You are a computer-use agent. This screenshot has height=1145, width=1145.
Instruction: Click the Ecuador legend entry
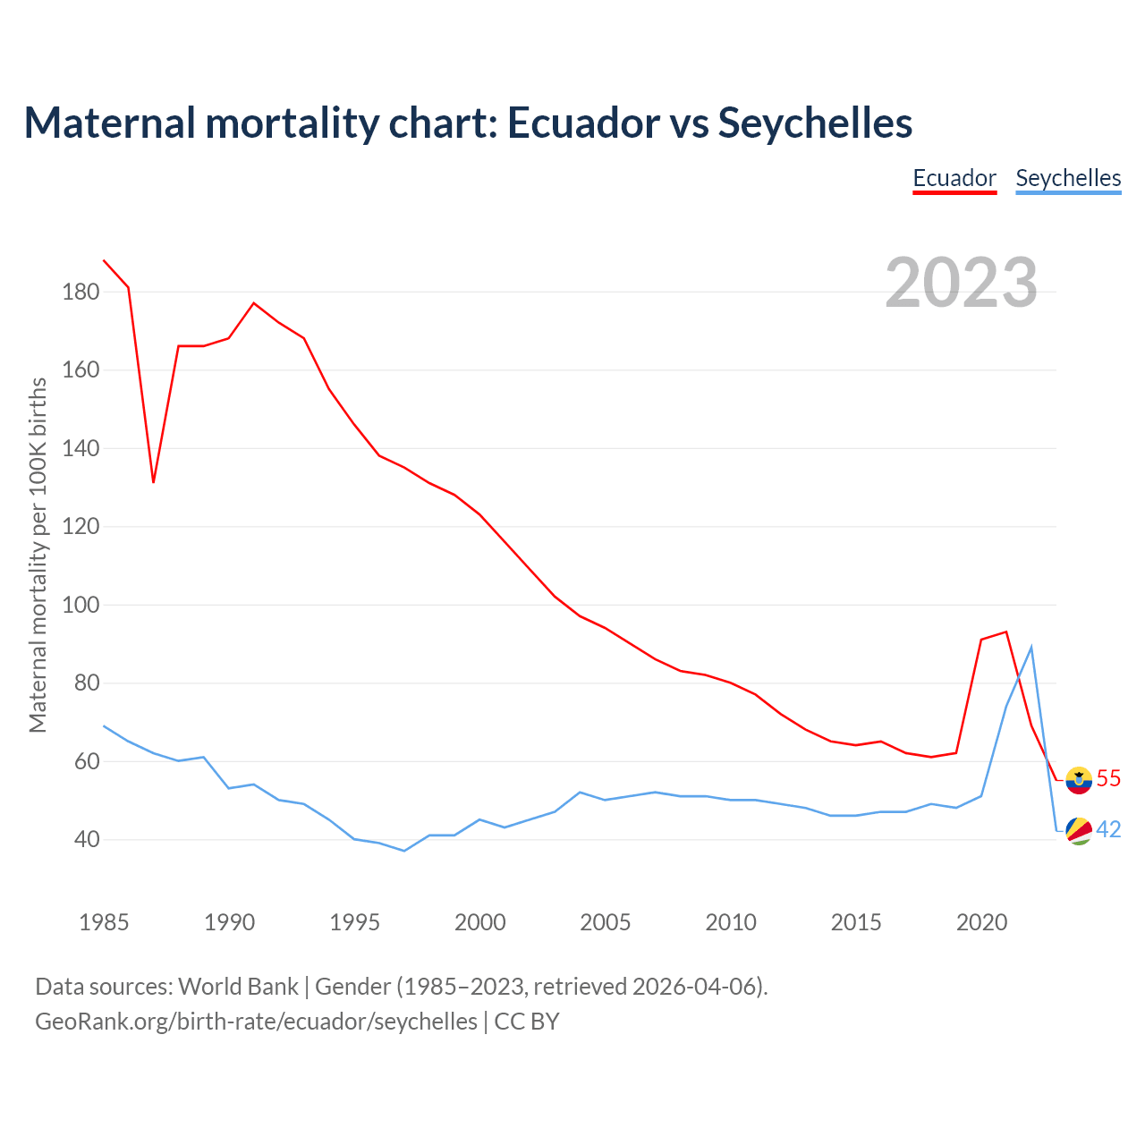coord(954,178)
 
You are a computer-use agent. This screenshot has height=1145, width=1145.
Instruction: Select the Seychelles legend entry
coord(1068,178)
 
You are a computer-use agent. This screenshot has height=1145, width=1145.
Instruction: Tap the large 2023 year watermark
coord(962,282)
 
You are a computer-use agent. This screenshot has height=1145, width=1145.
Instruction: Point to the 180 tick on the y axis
coord(81,292)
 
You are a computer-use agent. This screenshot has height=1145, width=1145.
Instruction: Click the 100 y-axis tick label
coord(81,605)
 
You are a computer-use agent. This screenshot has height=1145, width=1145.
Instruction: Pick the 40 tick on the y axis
coord(81,840)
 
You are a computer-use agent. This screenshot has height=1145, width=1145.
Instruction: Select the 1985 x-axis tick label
coord(104,922)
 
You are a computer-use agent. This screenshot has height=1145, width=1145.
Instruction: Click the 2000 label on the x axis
coord(479,922)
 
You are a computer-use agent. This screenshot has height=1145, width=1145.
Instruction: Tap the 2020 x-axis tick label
coord(981,922)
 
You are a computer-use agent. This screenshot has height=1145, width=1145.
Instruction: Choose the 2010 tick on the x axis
coord(731,922)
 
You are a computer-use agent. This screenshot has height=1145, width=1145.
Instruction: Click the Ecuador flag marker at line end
coord(1080,780)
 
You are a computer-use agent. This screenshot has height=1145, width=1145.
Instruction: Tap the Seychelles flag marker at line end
coord(1080,831)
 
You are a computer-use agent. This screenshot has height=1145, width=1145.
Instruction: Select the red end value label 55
coord(1108,779)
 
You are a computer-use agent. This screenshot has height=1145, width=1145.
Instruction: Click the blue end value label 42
coord(1108,830)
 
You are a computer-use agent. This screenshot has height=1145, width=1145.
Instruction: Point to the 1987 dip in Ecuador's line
coord(154,482)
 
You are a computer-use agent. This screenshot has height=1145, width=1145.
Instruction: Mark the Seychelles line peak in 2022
coord(1031,647)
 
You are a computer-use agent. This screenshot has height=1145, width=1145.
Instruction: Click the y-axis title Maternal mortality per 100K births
coord(38,555)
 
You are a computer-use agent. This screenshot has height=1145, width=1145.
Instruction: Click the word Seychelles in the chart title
coord(815,123)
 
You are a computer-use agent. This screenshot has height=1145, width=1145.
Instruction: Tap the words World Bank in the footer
coord(238,987)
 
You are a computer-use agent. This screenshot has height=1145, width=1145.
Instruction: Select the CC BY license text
coord(527,1022)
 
